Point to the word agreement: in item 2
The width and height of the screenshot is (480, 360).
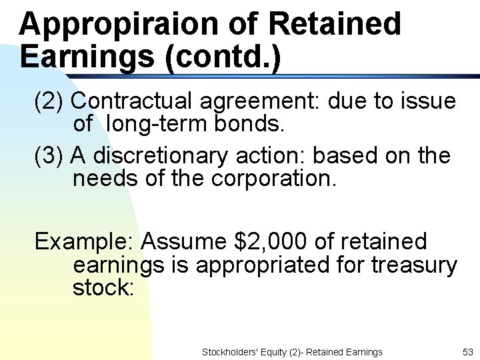tap(259, 101)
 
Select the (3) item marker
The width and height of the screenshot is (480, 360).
tap(49, 156)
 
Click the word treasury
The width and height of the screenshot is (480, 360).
tap(414, 265)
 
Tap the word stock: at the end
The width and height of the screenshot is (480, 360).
tap(104, 287)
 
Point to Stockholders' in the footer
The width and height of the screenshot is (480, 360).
tap(227, 351)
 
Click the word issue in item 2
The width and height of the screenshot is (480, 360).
tap(427, 101)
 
